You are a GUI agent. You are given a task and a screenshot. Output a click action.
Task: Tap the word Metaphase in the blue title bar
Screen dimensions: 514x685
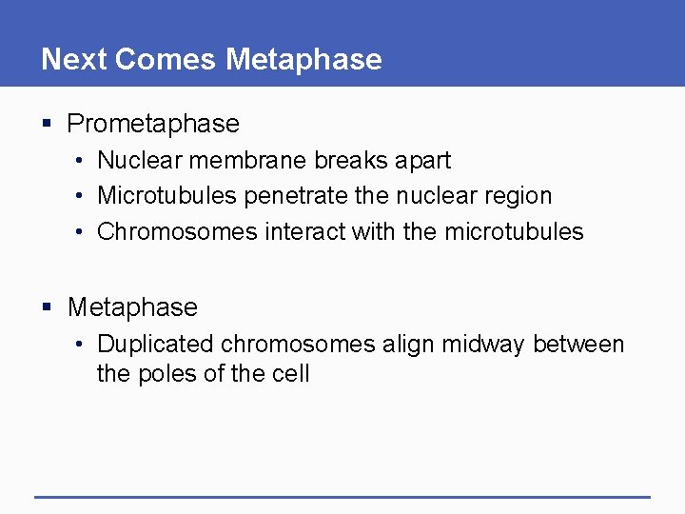[x=304, y=59]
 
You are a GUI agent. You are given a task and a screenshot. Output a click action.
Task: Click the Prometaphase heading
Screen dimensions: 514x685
[x=153, y=124]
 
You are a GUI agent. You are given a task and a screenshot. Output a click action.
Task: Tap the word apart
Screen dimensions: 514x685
[x=422, y=160]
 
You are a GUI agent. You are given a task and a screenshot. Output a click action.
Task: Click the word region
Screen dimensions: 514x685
[x=519, y=196]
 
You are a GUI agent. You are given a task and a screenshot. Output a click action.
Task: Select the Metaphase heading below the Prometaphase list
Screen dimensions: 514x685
[x=132, y=307]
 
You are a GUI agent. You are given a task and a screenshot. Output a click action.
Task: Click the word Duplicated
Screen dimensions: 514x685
[x=157, y=344]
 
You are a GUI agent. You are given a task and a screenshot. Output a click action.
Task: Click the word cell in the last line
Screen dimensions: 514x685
[x=290, y=373]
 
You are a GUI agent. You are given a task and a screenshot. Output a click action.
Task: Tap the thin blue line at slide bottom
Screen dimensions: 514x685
[x=342, y=496]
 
